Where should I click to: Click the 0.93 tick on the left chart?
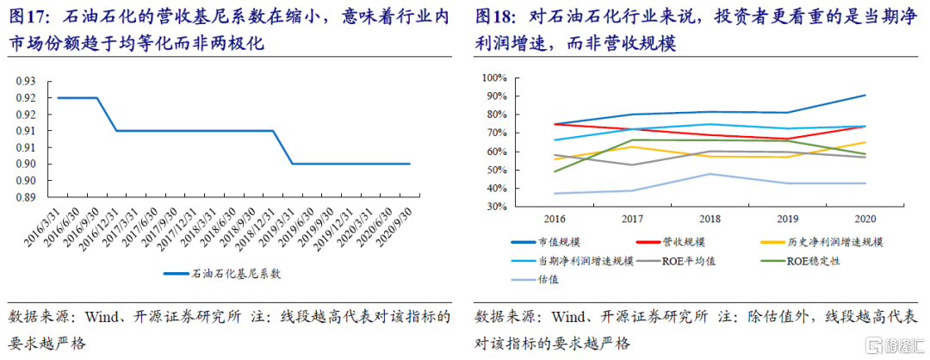24,81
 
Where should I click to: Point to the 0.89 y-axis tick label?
24,197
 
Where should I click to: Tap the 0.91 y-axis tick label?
24,131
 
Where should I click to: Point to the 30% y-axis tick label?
497,207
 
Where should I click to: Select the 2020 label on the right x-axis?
865,220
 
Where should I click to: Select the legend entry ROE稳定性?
815,260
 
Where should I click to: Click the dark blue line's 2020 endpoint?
865,96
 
